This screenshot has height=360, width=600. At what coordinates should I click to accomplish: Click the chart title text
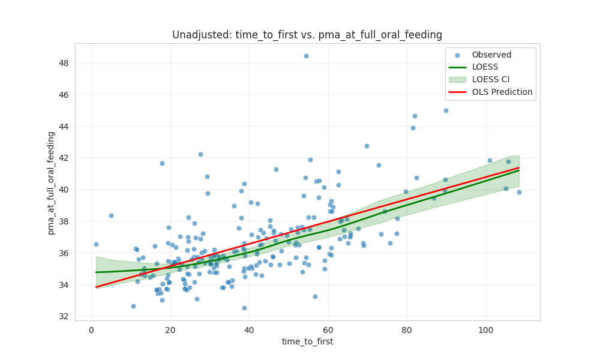click(307, 35)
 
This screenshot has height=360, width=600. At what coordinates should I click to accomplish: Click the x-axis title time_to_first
click(307, 341)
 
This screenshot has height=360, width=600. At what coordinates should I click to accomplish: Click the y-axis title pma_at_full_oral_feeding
click(51, 182)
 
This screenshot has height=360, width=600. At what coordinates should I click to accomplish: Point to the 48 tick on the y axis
click(64, 63)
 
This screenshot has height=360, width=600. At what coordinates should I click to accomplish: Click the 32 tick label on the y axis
click(64, 316)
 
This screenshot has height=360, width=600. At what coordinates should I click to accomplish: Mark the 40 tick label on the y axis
click(64, 190)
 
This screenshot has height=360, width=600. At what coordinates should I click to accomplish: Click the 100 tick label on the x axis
click(486, 329)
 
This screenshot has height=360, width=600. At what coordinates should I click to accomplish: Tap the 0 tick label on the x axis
click(91, 329)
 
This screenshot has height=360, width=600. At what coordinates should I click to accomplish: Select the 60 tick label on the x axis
click(328, 329)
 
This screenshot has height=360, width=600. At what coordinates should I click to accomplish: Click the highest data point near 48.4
click(306, 56)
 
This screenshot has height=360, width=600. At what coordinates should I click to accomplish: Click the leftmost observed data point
click(96, 244)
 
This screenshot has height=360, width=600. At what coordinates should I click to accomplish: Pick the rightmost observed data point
click(519, 192)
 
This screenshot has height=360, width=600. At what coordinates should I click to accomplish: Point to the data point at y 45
click(446, 110)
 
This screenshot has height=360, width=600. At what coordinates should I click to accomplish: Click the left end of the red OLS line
click(97, 287)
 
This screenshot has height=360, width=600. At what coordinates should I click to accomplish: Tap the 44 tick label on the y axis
click(64, 127)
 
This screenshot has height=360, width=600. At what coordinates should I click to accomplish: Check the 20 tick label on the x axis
click(170, 329)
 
